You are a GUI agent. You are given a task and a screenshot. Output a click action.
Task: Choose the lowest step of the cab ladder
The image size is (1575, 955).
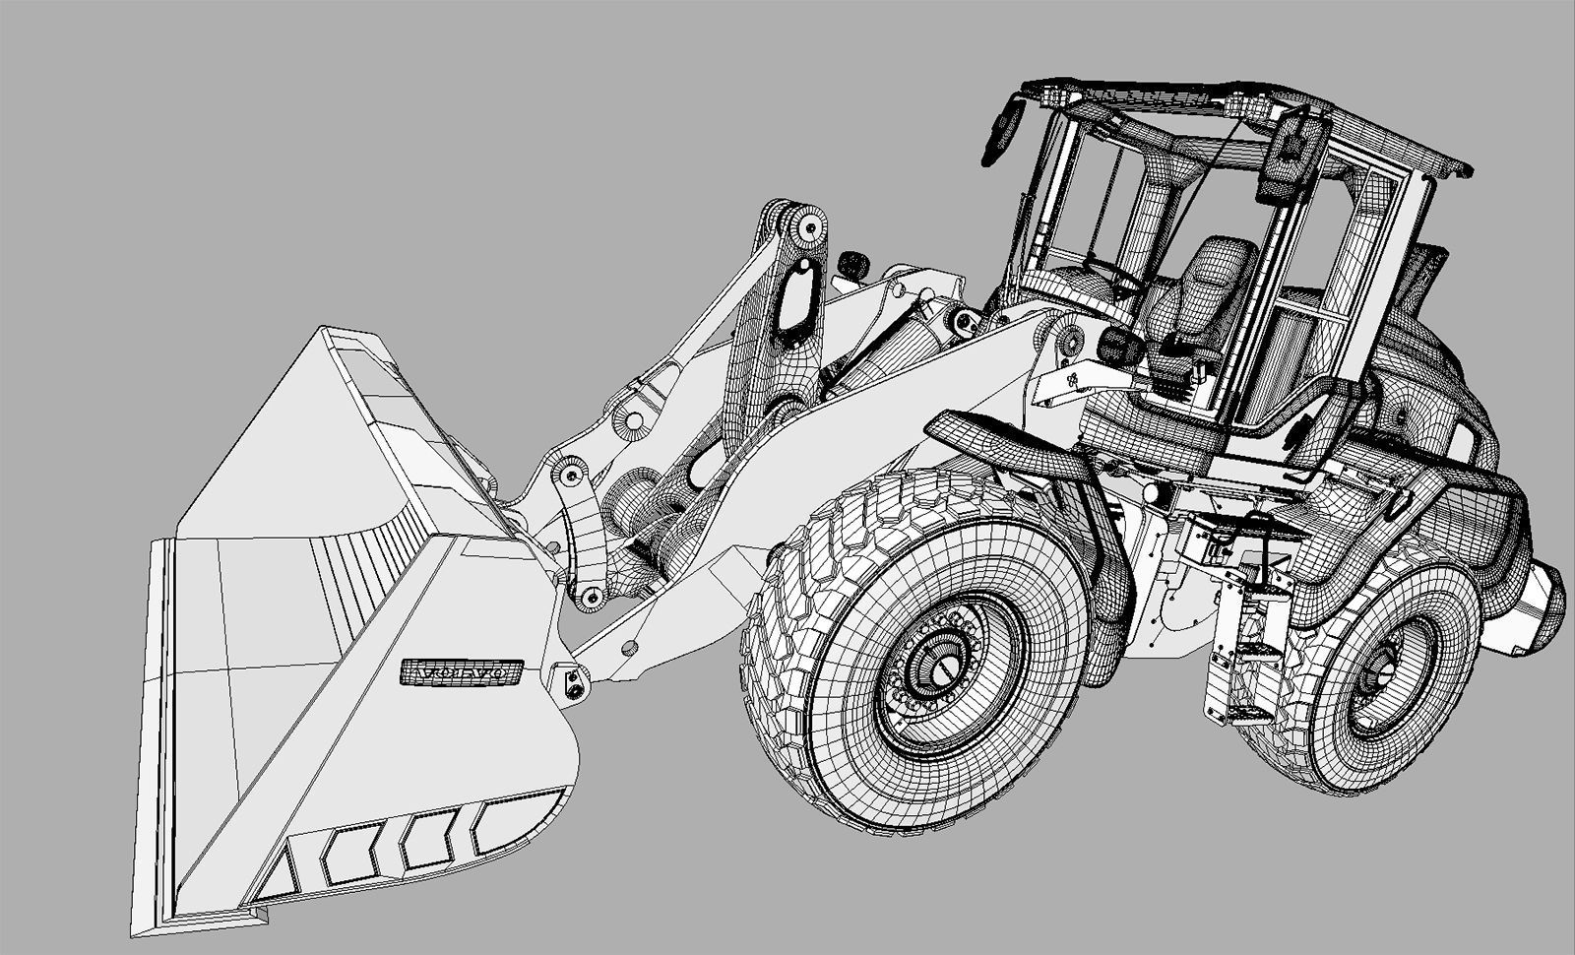tap(1243, 711)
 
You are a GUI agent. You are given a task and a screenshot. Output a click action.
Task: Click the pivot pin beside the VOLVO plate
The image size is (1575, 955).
tap(571, 681)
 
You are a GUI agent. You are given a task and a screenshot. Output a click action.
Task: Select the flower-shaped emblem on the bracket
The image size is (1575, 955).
tap(1070, 379)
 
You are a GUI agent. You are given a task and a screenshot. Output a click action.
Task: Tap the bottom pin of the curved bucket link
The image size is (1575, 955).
tap(591, 597)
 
